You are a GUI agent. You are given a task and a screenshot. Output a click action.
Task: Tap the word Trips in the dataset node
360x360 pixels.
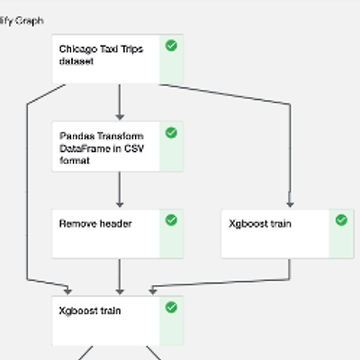coord(132,49)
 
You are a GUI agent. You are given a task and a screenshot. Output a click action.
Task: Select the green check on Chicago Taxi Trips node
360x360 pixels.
coord(171,46)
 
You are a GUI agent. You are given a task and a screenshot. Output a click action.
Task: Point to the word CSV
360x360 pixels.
coord(134,148)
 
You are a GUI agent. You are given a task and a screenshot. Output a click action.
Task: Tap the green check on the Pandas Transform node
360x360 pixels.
coord(171,132)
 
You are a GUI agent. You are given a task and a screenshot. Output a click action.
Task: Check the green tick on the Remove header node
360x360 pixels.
coord(171,220)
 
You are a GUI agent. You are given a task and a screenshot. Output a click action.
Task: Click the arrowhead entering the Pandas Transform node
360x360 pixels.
coord(120,117)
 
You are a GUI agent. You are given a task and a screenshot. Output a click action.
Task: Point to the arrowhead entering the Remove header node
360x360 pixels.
coord(120,204)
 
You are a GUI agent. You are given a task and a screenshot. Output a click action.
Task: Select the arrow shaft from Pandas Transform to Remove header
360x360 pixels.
coord(120,186)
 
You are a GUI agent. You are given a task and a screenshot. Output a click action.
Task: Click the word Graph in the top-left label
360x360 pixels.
coord(29,21)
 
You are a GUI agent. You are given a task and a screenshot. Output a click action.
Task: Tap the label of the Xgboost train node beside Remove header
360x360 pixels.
coord(260,224)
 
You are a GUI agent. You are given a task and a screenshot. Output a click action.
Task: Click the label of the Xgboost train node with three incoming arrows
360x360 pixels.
coord(90,310)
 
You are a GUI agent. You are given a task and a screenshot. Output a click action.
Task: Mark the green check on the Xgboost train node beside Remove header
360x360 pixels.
coord(341,220)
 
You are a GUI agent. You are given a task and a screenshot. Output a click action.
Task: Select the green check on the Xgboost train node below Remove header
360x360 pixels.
coord(171,307)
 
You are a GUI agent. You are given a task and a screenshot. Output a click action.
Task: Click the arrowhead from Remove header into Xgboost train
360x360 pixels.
coord(120,292)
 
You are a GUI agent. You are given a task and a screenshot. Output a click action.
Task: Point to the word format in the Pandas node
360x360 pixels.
coord(75,161)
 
